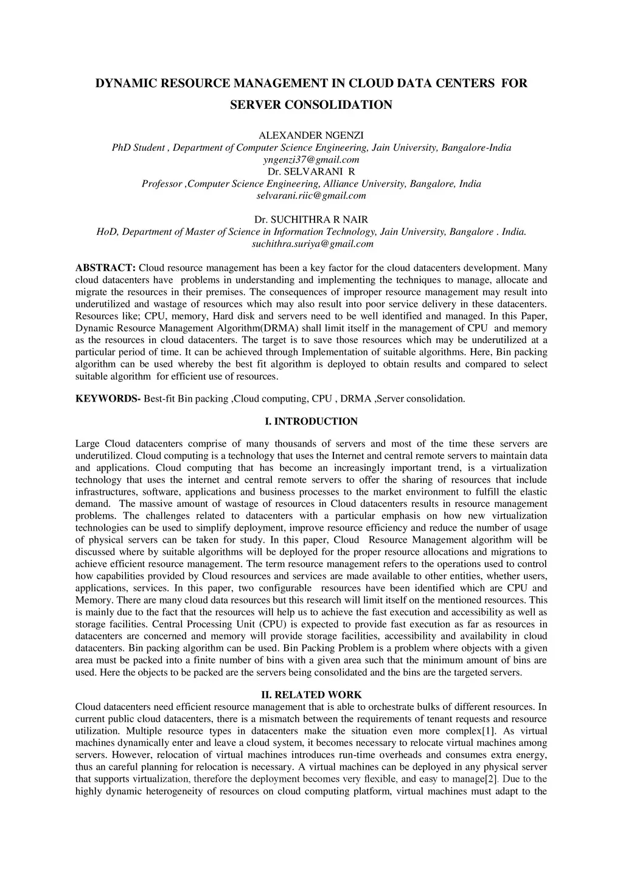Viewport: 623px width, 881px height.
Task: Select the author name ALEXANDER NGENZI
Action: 311,135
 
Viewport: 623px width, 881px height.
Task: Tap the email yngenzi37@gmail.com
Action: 311,159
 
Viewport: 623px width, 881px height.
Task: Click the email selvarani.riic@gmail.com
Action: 311,195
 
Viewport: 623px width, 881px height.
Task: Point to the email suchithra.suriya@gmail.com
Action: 312,244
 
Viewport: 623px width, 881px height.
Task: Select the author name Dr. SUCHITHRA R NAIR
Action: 311,220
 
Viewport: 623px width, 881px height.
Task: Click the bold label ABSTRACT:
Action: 105,268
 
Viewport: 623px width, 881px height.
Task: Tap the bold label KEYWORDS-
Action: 108,399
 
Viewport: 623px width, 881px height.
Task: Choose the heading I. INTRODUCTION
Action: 311,422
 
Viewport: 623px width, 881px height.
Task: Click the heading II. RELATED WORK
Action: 311,695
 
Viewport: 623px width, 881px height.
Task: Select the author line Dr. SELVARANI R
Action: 311,172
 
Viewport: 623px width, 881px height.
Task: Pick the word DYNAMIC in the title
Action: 124,83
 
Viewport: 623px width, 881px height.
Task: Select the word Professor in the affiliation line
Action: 162,184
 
